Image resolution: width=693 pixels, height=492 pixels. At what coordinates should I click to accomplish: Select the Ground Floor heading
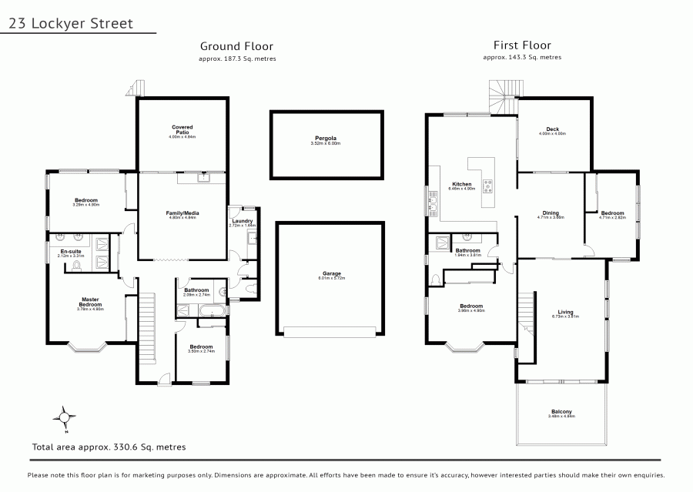pyautogui.click(x=236, y=46)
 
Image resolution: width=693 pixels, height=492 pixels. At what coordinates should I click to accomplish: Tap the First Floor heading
pyautogui.click(x=522, y=45)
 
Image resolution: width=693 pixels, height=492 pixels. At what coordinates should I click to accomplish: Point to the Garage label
pyautogui.click(x=332, y=273)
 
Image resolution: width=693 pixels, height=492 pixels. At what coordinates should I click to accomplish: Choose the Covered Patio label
pyautogui.click(x=182, y=129)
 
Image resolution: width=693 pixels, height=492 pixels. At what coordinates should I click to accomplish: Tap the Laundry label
pyautogui.click(x=243, y=223)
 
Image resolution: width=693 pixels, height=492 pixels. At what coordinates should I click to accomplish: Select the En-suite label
pyautogui.click(x=71, y=251)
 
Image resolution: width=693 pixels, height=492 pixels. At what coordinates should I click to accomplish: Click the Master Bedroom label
pyautogui.click(x=90, y=302)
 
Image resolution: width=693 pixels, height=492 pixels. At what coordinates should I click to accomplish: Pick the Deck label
pyautogui.click(x=552, y=129)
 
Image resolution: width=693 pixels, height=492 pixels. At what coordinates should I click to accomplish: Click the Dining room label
pyautogui.click(x=551, y=213)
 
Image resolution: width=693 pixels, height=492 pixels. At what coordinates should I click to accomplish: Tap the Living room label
pyautogui.click(x=564, y=313)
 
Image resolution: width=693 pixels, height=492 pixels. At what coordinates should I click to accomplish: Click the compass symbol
pyautogui.click(x=65, y=419)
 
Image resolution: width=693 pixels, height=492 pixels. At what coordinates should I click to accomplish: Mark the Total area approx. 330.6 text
pyautogui.click(x=108, y=446)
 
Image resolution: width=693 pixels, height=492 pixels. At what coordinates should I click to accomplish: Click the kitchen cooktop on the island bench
pyautogui.click(x=487, y=185)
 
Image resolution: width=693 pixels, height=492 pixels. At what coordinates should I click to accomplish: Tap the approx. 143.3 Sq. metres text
pyautogui.click(x=522, y=58)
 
